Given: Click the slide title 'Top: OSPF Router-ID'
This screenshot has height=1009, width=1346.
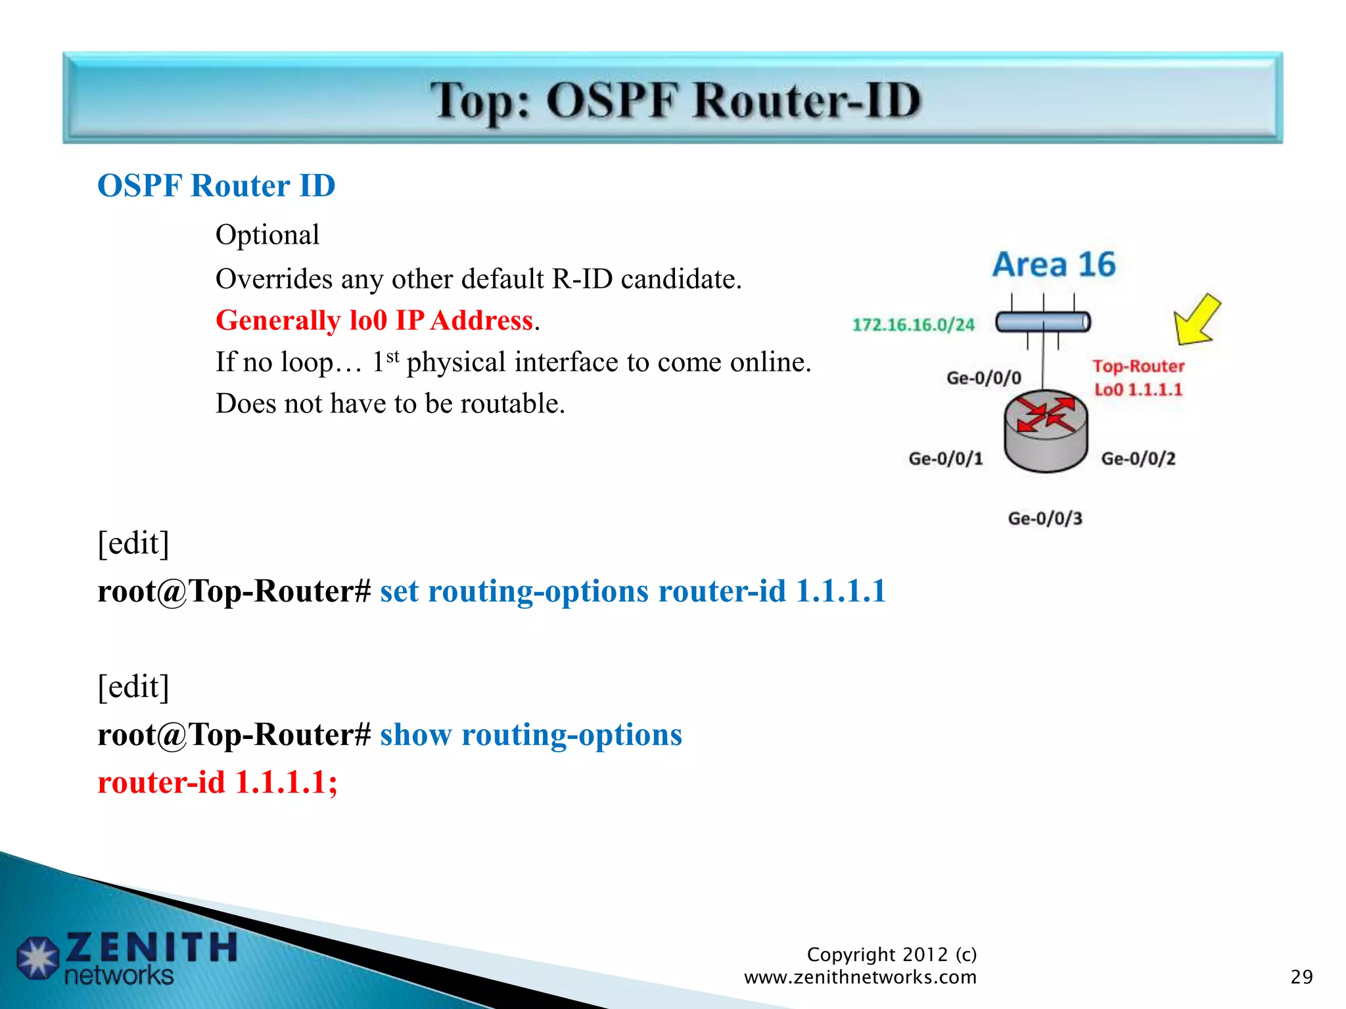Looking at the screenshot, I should click(675, 101).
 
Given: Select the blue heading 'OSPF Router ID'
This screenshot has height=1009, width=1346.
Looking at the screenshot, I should click(216, 186).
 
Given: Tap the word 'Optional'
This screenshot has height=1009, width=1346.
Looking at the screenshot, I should click(267, 235).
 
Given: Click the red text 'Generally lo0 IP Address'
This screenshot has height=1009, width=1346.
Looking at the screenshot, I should click(375, 321).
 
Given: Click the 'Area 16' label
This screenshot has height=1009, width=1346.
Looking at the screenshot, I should click(1054, 265).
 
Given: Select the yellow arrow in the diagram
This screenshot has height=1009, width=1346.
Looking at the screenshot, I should click(1196, 321).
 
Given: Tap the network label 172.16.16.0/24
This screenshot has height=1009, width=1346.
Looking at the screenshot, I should click(913, 325).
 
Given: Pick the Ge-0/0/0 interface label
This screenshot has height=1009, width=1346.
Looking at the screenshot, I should click(983, 378).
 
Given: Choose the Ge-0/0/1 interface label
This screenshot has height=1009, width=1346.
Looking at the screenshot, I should click(945, 459).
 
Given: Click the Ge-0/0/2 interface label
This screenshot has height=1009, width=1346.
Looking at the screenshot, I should click(1138, 459).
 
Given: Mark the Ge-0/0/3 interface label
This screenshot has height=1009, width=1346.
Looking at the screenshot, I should click(1044, 518).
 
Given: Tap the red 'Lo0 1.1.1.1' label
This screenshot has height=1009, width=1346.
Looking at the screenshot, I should click(1138, 390).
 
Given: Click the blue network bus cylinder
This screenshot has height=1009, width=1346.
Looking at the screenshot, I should click(1042, 322).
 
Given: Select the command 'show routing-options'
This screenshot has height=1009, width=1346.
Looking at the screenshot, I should click(530, 734).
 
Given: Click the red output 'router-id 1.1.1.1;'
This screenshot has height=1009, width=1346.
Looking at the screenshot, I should click(217, 782).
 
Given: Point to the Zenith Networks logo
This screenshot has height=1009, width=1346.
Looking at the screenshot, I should click(128, 958).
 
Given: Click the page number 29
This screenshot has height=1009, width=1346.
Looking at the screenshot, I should click(1301, 977).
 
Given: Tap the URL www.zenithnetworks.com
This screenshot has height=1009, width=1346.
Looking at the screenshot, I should click(860, 977).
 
